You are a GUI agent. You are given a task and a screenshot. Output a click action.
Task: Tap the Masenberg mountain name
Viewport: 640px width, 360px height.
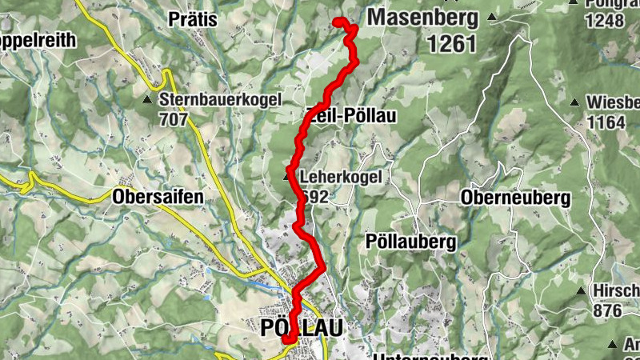tap(423, 17)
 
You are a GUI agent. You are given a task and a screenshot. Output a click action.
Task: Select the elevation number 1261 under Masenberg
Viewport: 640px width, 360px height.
tap(451, 44)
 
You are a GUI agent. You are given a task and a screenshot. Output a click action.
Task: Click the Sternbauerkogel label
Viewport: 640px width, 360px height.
tap(221, 101)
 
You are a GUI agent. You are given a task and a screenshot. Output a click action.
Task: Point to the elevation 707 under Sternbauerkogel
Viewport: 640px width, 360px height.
tap(174, 120)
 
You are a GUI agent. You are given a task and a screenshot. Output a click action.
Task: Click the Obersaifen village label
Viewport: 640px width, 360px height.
tap(158, 196)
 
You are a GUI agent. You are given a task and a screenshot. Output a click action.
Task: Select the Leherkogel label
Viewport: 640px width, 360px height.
tap(336, 177)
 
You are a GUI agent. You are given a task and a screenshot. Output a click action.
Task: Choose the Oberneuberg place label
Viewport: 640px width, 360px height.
tap(515, 198)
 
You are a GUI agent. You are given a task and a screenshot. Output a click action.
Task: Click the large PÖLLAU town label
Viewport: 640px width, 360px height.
tap(302, 328)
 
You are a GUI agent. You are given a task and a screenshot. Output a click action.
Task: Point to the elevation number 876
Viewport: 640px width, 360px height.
tap(607, 310)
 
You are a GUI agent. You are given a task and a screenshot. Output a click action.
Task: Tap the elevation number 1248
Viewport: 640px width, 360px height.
tap(604, 22)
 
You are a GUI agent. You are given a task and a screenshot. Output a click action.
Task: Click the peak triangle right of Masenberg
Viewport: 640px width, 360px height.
tap(492, 17)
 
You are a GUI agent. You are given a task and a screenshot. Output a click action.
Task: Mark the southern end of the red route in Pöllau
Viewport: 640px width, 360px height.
tap(286, 342)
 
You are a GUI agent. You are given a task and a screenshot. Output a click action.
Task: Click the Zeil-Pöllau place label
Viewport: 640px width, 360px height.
tap(352, 116)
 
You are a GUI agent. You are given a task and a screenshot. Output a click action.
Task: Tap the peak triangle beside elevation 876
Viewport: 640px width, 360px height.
tap(581, 291)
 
